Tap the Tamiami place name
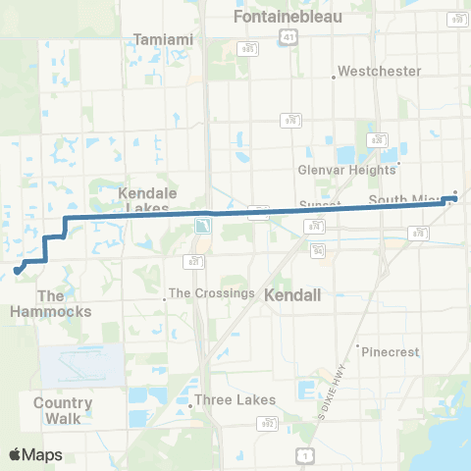(x=163, y=39)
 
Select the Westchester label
(x=380, y=72)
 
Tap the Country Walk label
(x=63, y=410)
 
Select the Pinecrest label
(x=390, y=351)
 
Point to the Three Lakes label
(x=235, y=400)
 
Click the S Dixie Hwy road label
(x=338, y=379)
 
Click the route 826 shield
(x=376, y=139)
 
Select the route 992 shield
(x=269, y=423)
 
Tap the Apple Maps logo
(x=35, y=454)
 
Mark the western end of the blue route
(x=17, y=270)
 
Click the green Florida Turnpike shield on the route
(x=202, y=227)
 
